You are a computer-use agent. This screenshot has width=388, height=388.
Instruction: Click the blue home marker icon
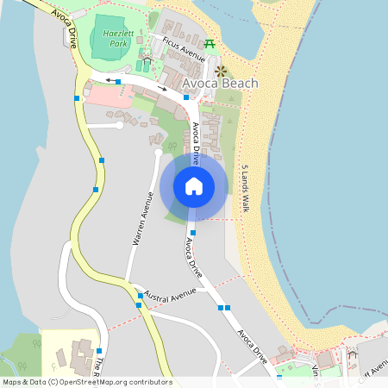click(x=194, y=186)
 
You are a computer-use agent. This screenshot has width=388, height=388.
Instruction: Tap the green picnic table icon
click(x=210, y=43)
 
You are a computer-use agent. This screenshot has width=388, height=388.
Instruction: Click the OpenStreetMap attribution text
click(x=86, y=382)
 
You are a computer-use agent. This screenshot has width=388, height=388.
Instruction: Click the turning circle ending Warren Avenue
click(x=158, y=153)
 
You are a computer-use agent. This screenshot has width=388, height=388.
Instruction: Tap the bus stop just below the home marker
click(x=193, y=232)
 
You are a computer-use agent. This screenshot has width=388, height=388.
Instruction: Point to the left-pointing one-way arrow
click(x=111, y=80)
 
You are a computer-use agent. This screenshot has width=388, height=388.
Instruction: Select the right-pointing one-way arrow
click(x=162, y=89)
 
